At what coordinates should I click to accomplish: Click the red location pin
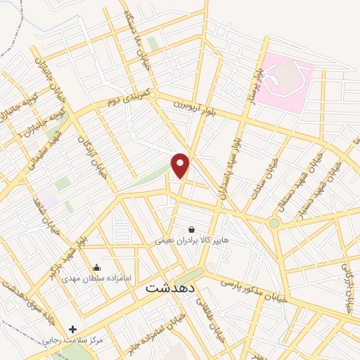tap(181, 165)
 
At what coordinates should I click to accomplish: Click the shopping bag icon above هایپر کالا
tap(191, 229)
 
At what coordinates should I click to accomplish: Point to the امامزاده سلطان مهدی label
tap(96, 278)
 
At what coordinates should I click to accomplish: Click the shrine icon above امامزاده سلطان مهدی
tap(96, 267)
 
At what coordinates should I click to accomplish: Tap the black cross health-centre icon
tap(73, 329)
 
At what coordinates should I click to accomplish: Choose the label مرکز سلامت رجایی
tap(73, 340)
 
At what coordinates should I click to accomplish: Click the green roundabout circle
tap(274, 224)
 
